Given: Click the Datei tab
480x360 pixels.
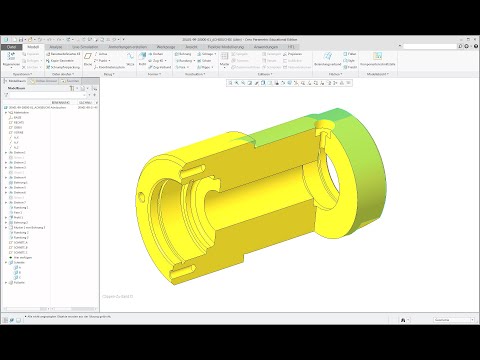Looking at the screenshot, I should [x=12, y=46].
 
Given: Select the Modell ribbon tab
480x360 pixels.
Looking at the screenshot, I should [x=33, y=46].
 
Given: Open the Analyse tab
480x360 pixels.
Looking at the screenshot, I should [x=56, y=46].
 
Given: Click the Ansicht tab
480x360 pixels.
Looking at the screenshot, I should [x=190, y=46].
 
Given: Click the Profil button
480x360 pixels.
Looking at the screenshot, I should [x=153, y=54].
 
